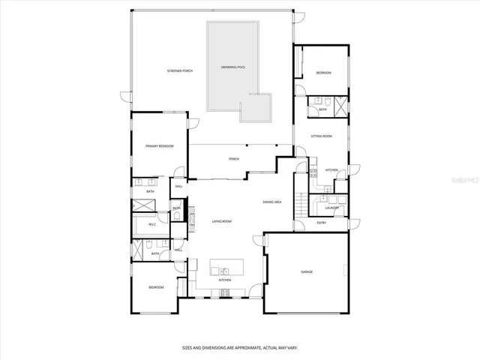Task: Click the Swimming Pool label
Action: point(233,67)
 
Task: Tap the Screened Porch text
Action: point(180,70)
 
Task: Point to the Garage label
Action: point(307,271)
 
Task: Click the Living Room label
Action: point(221,221)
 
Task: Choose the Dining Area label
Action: point(271,202)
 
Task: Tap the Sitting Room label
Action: point(321,136)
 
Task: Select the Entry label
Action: point(321,223)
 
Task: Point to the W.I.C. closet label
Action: point(151,223)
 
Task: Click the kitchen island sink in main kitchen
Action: point(224,269)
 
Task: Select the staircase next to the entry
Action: point(301,202)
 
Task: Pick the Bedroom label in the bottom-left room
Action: point(155,287)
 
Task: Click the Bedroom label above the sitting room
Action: point(323,73)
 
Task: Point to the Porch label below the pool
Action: point(233,160)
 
